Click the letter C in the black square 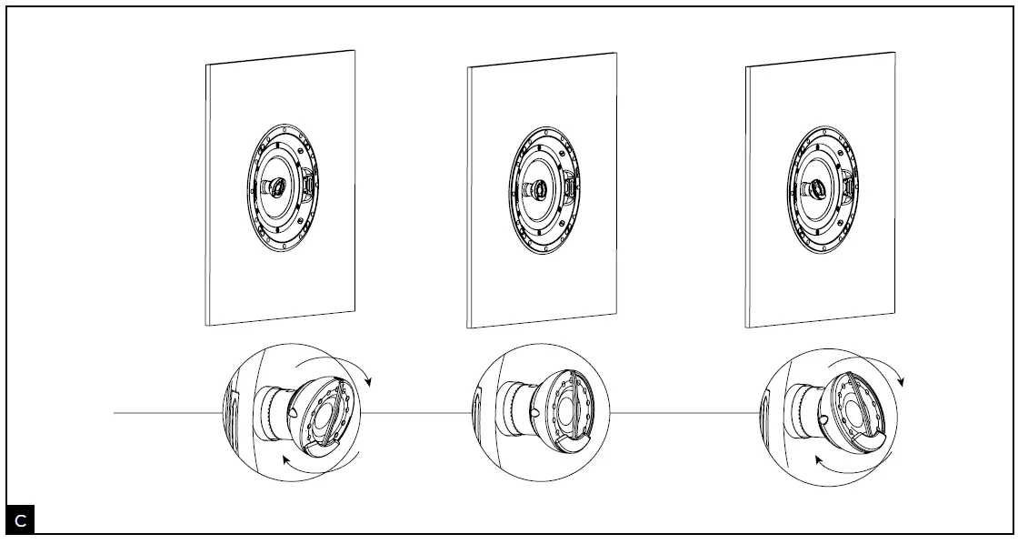[x=21, y=521]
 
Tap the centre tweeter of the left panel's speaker [x=274, y=186]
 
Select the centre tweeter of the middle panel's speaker [x=538, y=189]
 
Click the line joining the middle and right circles [x=684, y=414]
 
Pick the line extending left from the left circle [x=167, y=413]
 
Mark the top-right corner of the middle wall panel [x=616, y=54]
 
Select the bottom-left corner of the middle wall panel [x=468, y=327]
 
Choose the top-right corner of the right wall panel [x=895, y=52]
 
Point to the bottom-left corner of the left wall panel [x=207, y=325]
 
